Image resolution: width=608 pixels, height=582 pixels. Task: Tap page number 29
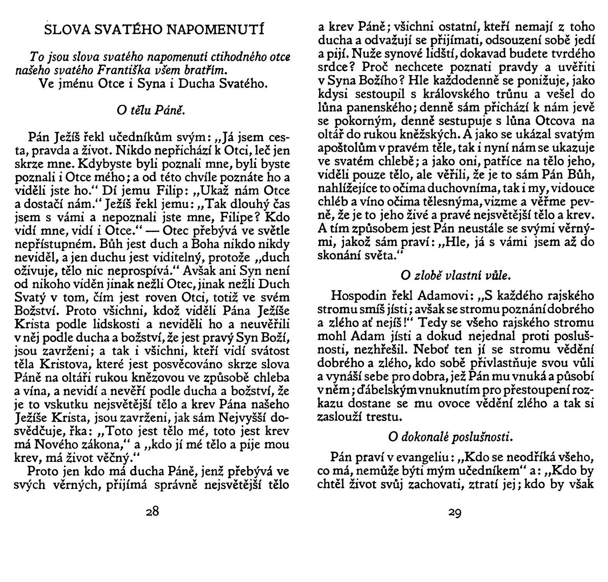tap(455, 513)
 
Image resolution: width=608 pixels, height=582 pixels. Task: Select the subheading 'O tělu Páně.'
tap(149, 111)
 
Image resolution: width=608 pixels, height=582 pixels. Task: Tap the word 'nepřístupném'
tap(54, 244)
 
